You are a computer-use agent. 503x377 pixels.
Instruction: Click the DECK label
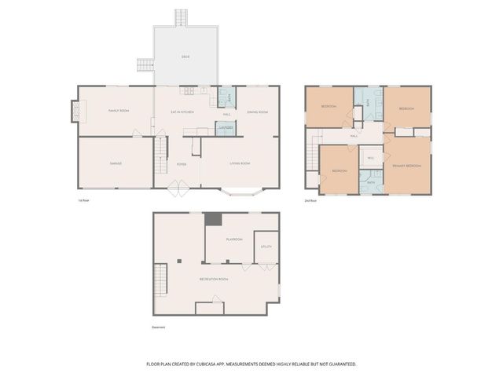[185, 56]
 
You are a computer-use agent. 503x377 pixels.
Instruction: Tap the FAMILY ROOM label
[118, 111]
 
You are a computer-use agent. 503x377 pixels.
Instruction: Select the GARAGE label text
[116, 163]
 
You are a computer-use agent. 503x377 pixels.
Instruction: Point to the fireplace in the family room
[75, 111]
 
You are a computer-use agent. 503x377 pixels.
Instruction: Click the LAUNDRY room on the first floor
[225, 127]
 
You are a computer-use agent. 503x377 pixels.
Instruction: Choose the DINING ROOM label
[258, 112]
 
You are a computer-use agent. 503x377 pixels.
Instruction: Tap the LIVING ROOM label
[240, 163]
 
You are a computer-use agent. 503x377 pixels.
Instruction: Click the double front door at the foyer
[178, 188]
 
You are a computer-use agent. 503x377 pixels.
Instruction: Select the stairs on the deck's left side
[145, 65]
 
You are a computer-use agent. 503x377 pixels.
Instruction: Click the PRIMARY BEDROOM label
[406, 166]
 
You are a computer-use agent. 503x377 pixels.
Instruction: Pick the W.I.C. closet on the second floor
[371, 158]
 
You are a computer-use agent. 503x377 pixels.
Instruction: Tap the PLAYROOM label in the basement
[233, 239]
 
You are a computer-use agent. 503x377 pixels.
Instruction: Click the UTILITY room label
[266, 246]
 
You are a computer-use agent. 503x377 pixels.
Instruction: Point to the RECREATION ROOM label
[212, 279]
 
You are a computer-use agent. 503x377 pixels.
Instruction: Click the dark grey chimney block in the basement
[213, 220]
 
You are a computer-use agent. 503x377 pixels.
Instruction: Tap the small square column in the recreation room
[179, 260]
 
